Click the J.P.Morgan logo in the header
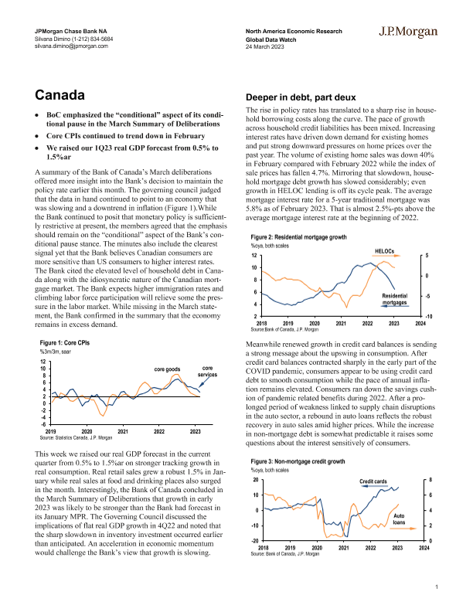coord(409,32)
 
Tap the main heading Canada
coord(62,95)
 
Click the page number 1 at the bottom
coord(437,589)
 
